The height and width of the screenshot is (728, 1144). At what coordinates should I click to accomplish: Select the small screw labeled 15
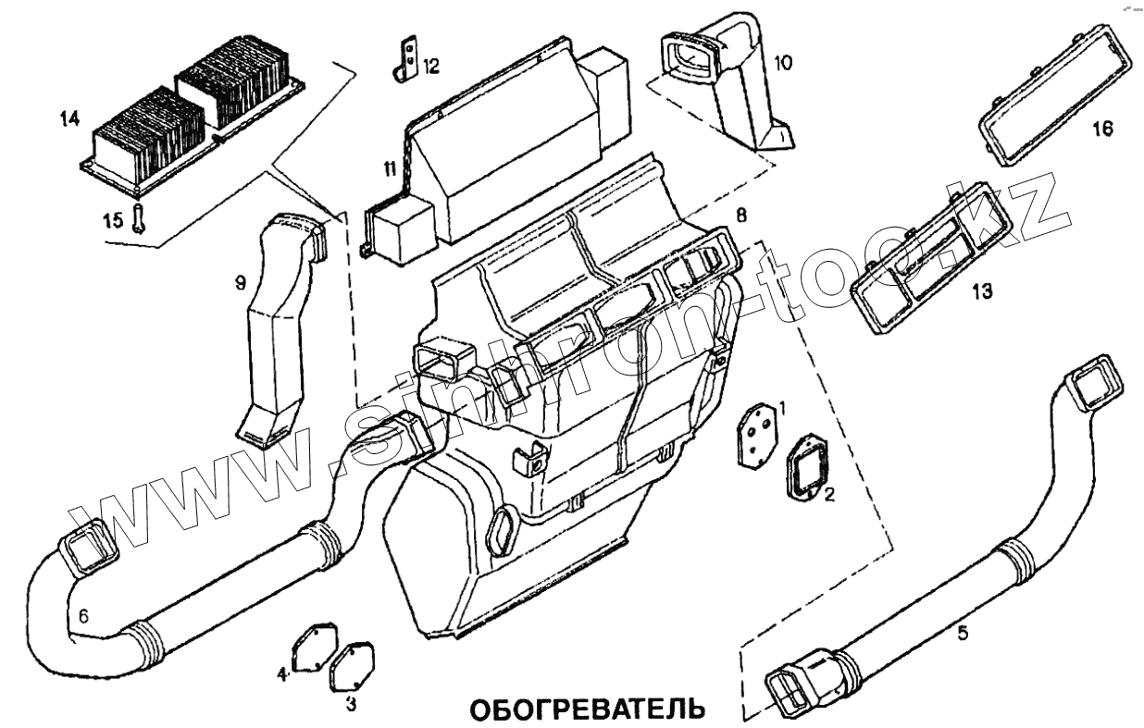138,218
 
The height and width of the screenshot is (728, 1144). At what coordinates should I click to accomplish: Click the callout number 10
782,63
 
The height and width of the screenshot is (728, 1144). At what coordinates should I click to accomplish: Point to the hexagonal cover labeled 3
347,665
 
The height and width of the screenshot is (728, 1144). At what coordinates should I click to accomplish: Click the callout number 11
392,169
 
